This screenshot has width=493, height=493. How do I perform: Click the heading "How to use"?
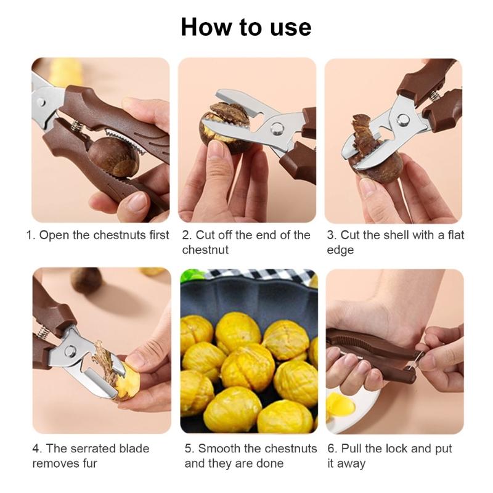pos(246,27)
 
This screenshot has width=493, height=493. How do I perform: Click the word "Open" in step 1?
pos(54,235)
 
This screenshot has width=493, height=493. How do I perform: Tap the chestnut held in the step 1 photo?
pos(113,157)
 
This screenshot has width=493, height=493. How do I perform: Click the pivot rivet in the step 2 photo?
pos(277,128)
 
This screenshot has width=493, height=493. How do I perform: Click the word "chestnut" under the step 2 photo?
pos(205,250)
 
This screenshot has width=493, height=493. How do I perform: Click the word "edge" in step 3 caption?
pos(340,251)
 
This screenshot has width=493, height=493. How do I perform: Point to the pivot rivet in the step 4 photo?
pos(70,351)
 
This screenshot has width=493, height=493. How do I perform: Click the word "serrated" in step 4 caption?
pos(97,449)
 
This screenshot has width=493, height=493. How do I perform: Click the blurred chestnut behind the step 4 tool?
pos(86,280)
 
